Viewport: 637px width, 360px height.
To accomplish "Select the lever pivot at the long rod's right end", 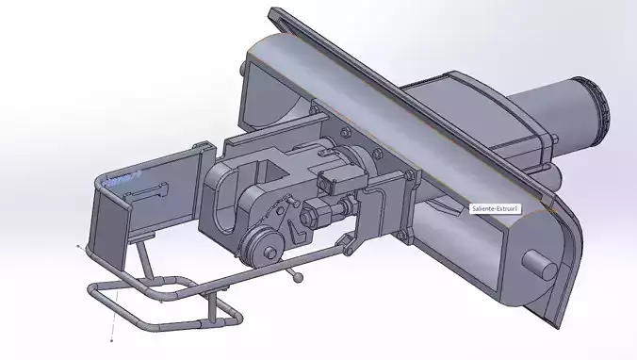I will [x=352, y=245].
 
